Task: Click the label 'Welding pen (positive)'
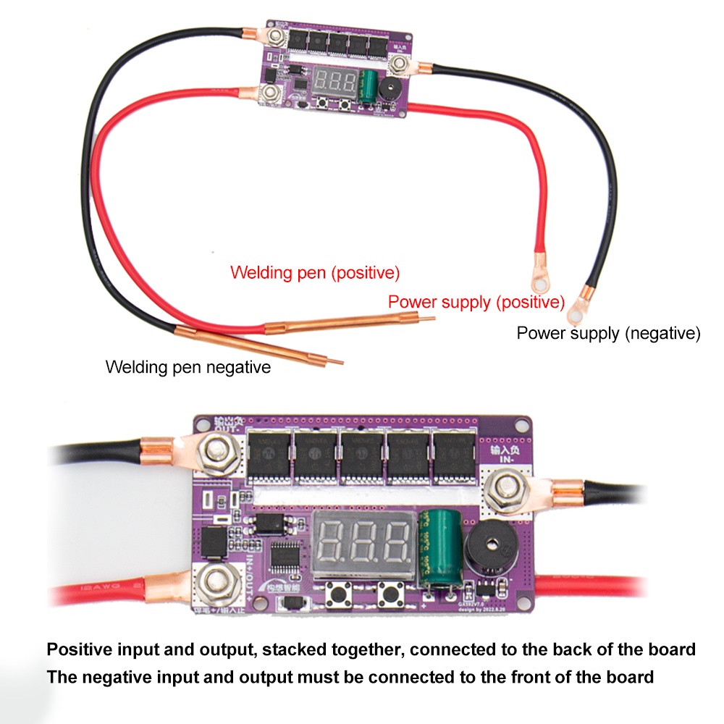pyautogui.click(x=315, y=273)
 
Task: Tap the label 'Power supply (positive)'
pyautogui.click(x=476, y=302)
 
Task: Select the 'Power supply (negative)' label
pyautogui.click(x=608, y=333)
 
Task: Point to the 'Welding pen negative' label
pyautogui.click(x=188, y=367)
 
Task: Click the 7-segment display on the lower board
pyautogui.click(x=363, y=544)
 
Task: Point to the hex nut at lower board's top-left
pyautogui.click(x=216, y=453)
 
